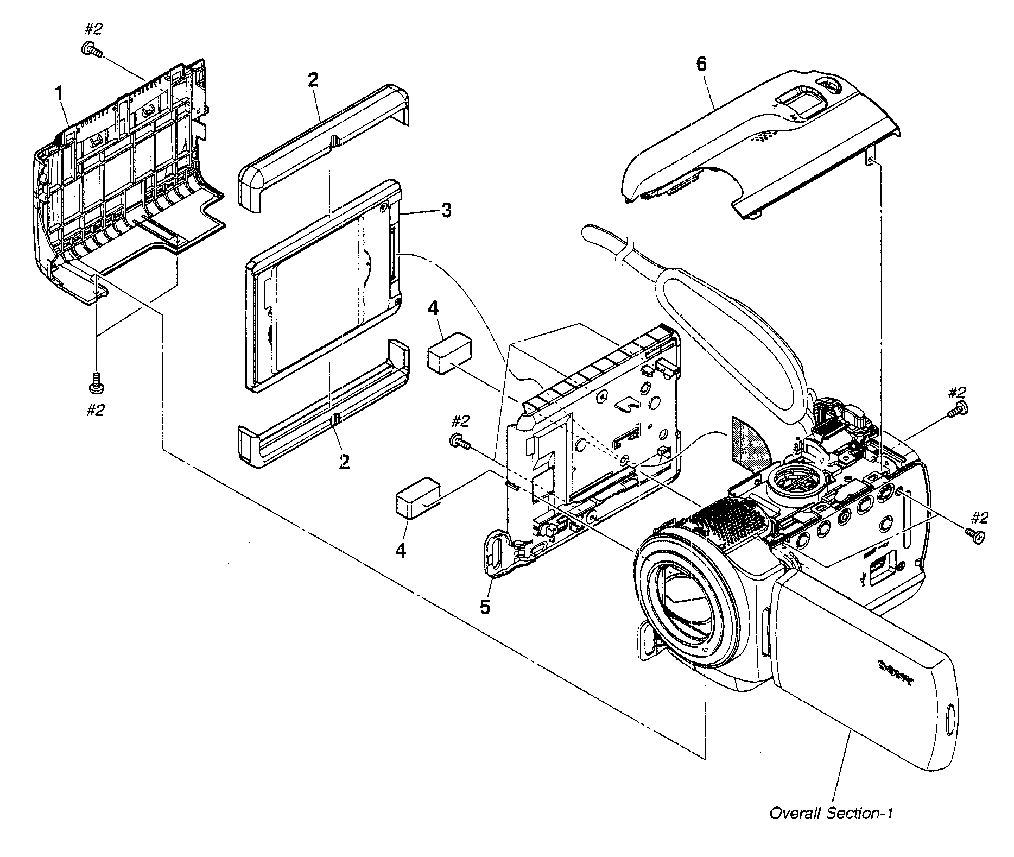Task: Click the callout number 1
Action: coord(59,93)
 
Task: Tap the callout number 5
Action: coord(485,607)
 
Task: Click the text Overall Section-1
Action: coord(831,828)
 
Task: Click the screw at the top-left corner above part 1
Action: coord(91,50)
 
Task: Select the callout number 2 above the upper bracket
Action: coord(313,80)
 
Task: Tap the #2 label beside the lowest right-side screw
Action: coord(979,518)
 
